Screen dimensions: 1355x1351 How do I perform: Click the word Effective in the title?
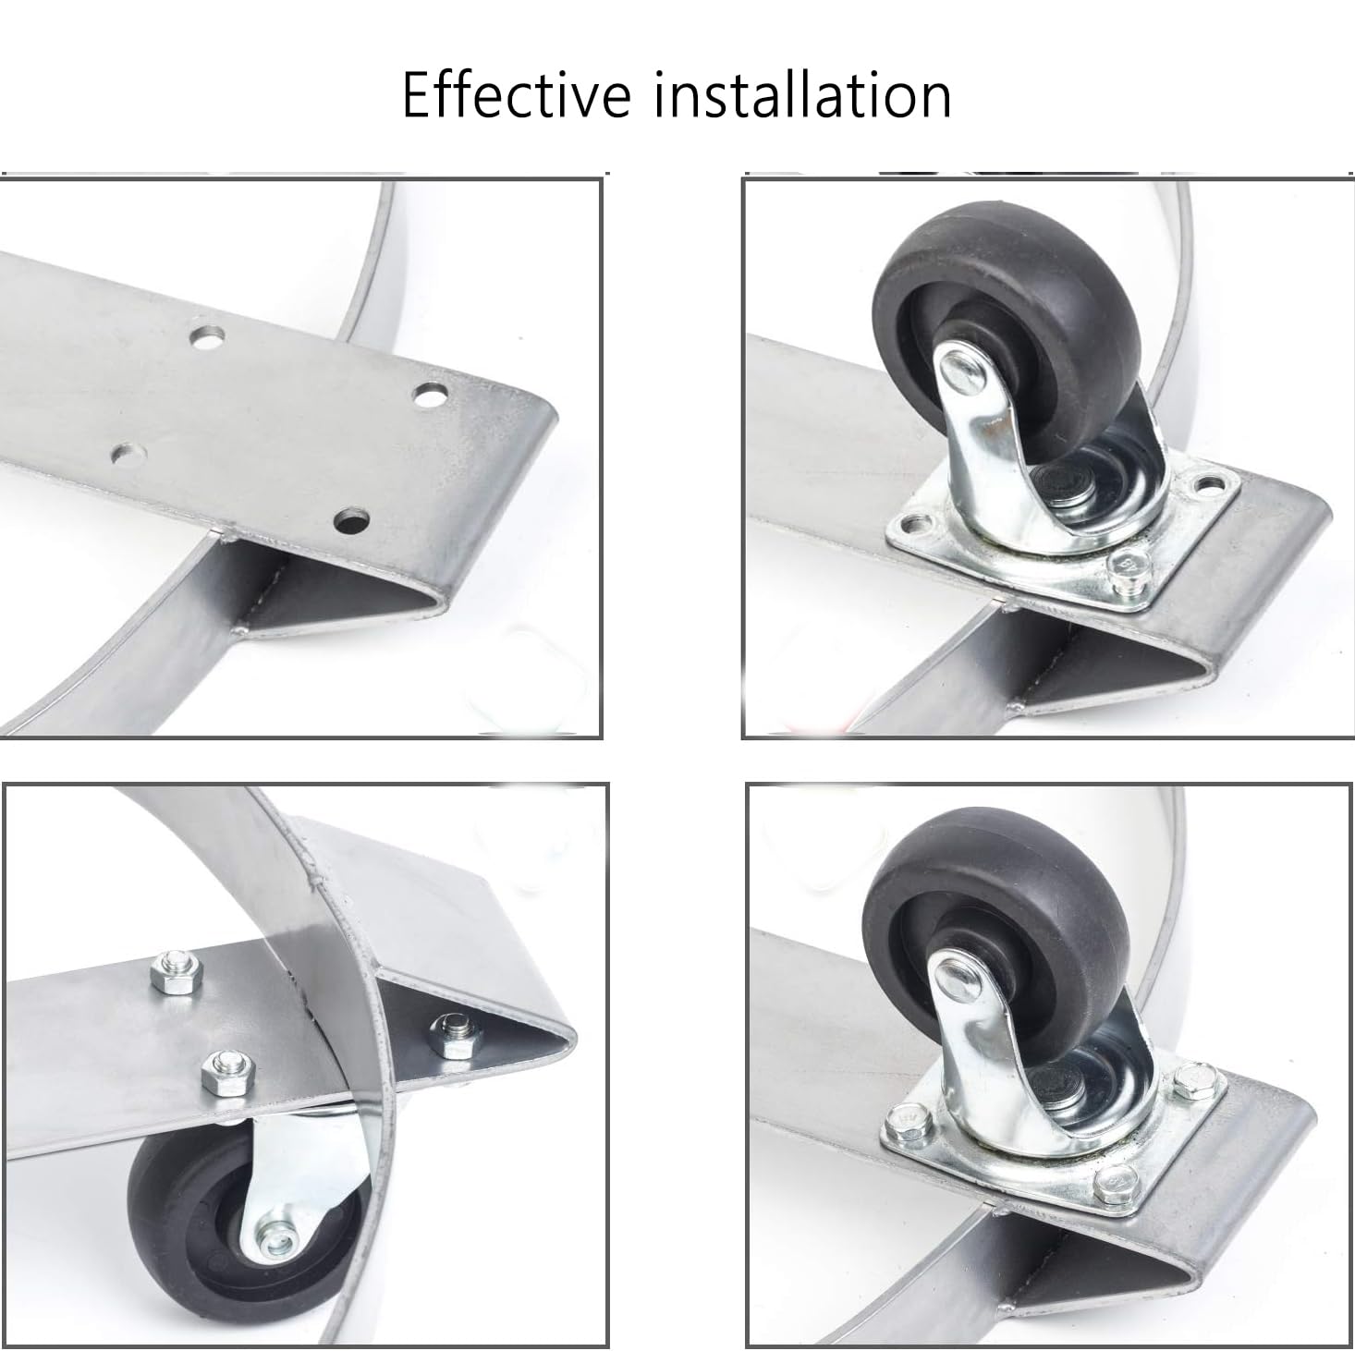517,94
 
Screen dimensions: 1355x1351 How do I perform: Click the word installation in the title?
803,94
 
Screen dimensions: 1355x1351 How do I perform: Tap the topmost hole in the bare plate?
207,338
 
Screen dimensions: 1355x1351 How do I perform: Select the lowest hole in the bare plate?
352,521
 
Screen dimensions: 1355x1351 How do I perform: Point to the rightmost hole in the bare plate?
431,396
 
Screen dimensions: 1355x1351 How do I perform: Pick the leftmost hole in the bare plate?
129,455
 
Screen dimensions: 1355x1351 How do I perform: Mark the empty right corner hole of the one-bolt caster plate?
1209,484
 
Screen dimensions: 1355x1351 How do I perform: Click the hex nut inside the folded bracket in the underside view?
455,1035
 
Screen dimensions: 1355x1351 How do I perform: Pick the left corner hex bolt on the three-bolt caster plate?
909,1122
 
